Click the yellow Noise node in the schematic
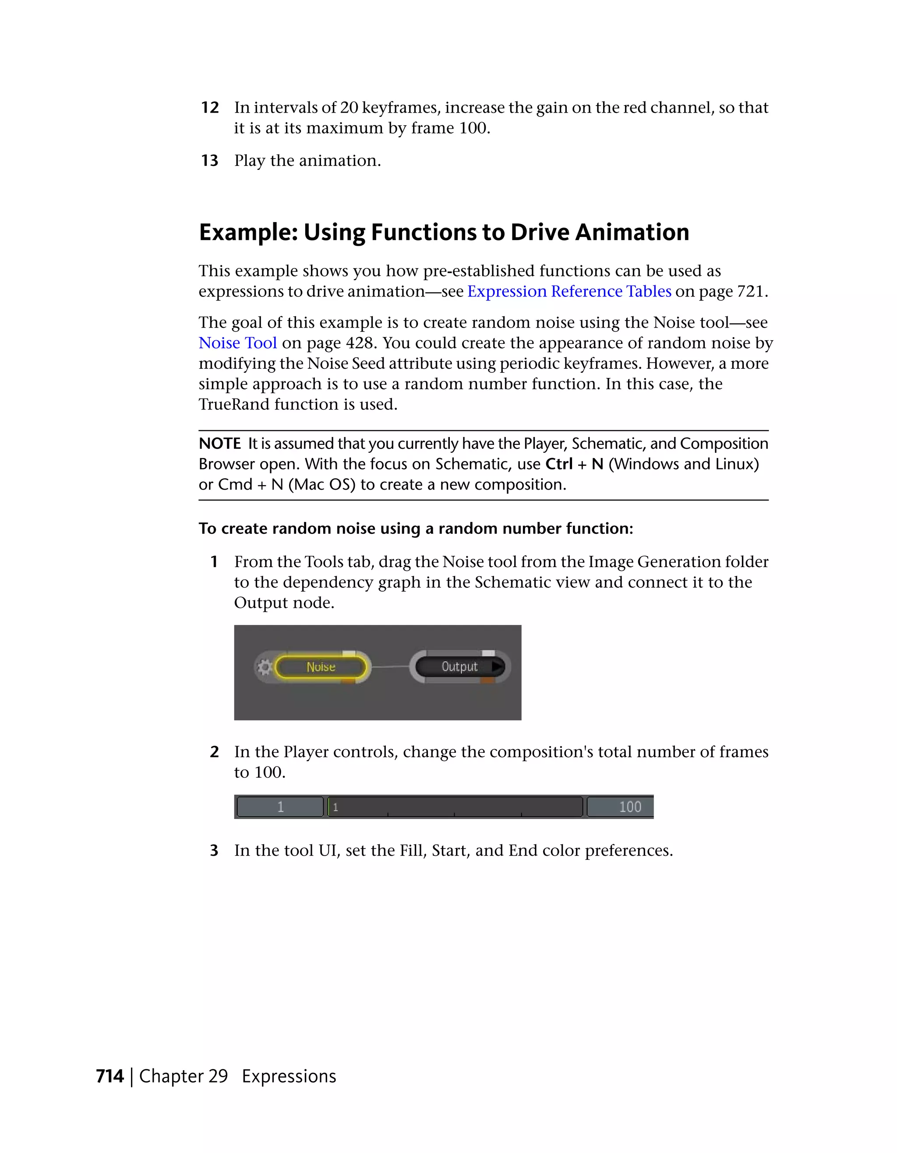click(321, 667)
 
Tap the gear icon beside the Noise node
click(265, 667)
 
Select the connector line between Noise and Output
click(390, 667)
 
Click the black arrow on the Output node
click(497, 666)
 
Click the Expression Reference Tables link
click(569, 291)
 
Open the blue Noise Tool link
click(237, 343)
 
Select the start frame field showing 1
click(280, 807)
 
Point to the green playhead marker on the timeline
click(329, 807)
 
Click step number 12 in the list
click(210, 108)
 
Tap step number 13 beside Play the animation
click(210, 160)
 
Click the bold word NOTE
click(219, 444)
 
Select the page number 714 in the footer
click(110, 1076)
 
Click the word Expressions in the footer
click(289, 1076)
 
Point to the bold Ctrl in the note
click(558, 464)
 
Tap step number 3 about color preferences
click(214, 850)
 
